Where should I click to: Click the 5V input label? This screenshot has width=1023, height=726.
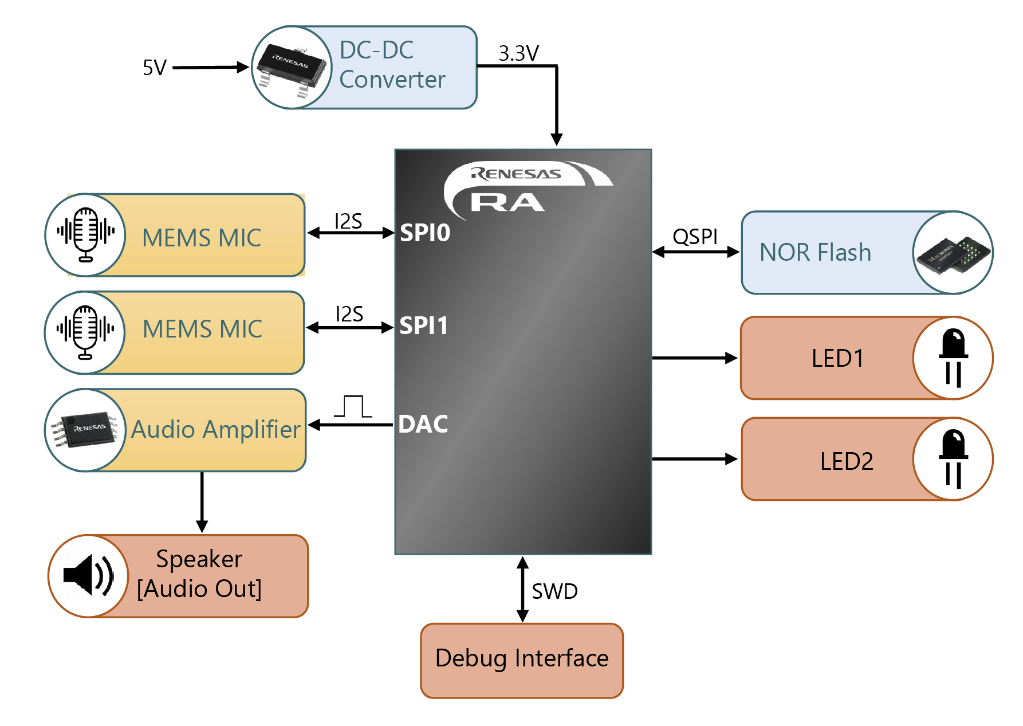[x=154, y=68]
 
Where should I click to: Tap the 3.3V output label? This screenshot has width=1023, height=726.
[x=518, y=53]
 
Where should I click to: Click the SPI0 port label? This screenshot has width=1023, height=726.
[x=425, y=233]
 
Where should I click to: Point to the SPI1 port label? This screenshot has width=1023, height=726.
[x=424, y=325]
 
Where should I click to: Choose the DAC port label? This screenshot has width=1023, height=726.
[x=423, y=424]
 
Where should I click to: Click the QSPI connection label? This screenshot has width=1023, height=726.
[x=695, y=236]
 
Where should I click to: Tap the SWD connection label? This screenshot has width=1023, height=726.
[x=554, y=591]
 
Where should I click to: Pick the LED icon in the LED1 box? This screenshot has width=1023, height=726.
[x=953, y=358]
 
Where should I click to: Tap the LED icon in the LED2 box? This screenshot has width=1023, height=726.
[x=953, y=459]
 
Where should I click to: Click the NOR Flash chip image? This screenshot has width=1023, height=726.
[x=953, y=253]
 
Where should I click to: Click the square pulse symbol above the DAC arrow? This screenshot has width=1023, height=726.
[x=353, y=406]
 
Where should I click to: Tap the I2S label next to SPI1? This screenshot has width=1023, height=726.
[x=349, y=314]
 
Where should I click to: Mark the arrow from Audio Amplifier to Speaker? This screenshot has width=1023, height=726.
[x=202, y=502]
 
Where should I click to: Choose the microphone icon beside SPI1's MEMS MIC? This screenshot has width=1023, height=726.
[x=85, y=332]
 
